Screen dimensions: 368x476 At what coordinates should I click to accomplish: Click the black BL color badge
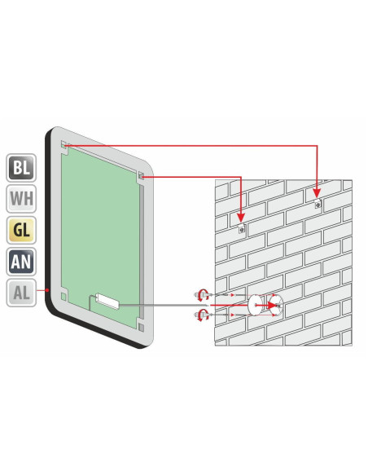pyautogui.click(x=21, y=168)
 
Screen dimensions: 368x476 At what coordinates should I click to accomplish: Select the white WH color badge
pyautogui.click(x=21, y=199)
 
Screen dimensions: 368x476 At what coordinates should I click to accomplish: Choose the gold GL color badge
pyautogui.click(x=21, y=230)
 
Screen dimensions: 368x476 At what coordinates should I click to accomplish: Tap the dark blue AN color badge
pyautogui.click(x=21, y=262)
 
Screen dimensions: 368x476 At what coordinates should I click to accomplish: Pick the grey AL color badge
pyautogui.click(x=21, y=293)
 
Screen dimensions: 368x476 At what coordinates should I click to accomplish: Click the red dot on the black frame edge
pyautogui.click(x=47, y=290)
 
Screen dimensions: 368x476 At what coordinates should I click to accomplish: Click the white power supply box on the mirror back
pyautogui.click(x=107, y=301)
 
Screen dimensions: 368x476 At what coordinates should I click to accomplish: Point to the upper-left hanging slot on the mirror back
pyautogui.click(x=64, y=145)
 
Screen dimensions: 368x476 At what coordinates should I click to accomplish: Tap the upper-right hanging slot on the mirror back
pyautogui.click(x=142, y=175)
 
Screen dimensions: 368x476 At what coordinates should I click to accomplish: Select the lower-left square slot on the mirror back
pyautogui.click(x=64, y=296)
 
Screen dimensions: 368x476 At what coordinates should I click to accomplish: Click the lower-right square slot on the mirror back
pyautogui.click(x=141, y=327)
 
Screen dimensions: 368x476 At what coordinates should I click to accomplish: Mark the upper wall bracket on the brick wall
pyautogui.click(x=318, y=205)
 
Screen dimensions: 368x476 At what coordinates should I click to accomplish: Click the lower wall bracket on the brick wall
pyautogui.click(x=242, y=229)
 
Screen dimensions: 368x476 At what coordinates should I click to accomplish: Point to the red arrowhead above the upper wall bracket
pyautogui.click(x=317, y=193)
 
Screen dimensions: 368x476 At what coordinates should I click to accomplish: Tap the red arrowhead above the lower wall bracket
pyautogui.click(x=241, y=218)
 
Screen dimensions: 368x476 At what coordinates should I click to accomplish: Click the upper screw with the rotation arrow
pyautogui.click(x=203, y=294)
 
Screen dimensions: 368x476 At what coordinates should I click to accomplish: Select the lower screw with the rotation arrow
pyautogui.click(x=203, y=315)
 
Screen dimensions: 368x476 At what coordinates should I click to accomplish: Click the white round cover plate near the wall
pyautogui.click(x=255, y=305)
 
